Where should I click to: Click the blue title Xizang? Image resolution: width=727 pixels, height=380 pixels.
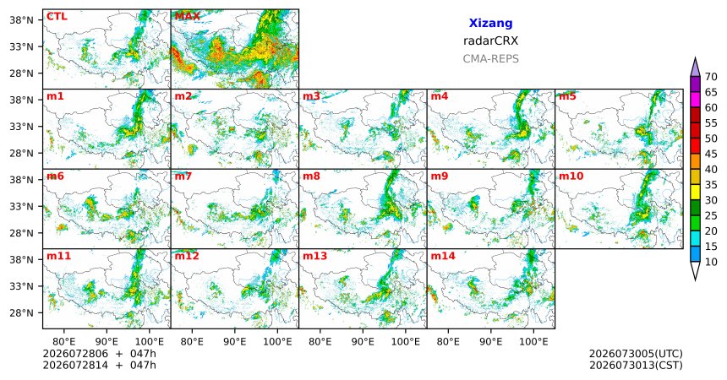tap(490, 23)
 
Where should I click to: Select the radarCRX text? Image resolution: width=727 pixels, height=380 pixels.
tap(490, 41)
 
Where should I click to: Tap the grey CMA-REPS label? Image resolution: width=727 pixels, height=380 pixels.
tap(490, 59)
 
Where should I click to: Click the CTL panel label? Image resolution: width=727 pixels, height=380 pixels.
tap(57, 17)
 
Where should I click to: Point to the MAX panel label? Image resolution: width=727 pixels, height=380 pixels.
tap(188, 17)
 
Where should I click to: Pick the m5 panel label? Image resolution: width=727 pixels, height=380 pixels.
tap(567, 96)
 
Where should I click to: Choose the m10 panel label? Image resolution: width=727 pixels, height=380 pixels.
tap(571, 176)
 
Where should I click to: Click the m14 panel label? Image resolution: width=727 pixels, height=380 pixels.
tap(443, 256)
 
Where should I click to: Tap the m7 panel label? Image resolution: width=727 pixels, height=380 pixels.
tap(183, 176)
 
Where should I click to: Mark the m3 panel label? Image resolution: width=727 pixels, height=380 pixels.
tap(311, 96)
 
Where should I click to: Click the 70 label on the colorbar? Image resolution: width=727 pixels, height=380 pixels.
tap(711, 77)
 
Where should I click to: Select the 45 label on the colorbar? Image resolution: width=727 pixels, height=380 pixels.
tap(711, 154)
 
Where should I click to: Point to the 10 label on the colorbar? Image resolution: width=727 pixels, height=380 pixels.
tap(711, 263)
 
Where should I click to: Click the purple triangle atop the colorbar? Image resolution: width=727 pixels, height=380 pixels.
tap(695, 68)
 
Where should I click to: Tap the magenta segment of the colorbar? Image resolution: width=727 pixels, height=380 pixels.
tap(695, 100)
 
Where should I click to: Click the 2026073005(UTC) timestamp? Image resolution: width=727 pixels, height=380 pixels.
tap(636, 354)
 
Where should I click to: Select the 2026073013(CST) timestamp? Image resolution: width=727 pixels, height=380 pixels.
tap(636, 365)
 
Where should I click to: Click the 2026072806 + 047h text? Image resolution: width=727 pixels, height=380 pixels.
tap(99, 354)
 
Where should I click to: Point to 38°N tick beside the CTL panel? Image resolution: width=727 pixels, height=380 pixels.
tap(22, 20)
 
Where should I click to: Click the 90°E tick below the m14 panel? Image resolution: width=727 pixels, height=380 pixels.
tap(490, 342)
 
